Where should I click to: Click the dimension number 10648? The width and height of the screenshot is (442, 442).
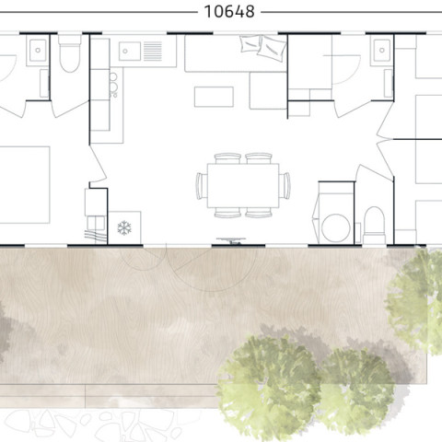(x=229, y=12)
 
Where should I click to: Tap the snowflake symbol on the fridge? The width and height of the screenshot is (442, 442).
(x=124, y=227)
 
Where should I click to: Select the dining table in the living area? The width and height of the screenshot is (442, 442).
(x=243, y=185)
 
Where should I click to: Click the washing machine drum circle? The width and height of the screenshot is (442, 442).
(x=336, y=228)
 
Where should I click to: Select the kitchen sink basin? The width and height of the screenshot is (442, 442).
(x=130, y=51)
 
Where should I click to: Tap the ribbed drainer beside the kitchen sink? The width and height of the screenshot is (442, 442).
(x=153, y=51)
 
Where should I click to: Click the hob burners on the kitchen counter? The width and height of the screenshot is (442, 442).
(x=113, y=86)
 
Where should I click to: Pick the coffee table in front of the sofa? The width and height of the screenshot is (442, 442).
(x=214, y=97)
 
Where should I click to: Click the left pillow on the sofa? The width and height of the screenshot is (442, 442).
(x=250, y=44)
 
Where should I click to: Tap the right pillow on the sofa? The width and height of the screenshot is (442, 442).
(x=272, y=49)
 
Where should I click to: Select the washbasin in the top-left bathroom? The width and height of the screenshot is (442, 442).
(x=38, y=50)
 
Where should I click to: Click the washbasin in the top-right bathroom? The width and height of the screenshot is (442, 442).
(x=382, y=50)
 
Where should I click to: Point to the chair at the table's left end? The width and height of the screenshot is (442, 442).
(x=202, y=186)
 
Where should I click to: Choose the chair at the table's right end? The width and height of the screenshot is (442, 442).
(x=285, y=186)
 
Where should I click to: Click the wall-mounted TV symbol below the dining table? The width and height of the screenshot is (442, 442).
(x=231, y=240)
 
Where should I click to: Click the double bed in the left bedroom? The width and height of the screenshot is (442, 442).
(x=25, y=185)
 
